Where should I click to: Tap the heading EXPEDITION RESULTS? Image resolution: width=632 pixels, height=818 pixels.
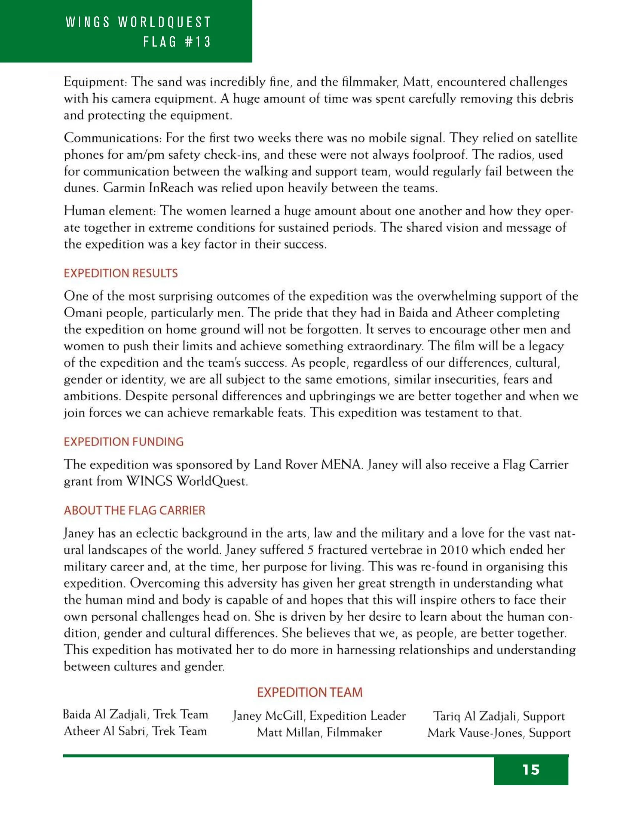[x=120, y=273]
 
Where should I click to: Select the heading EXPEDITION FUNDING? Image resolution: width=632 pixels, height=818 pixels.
[x=123, y=442]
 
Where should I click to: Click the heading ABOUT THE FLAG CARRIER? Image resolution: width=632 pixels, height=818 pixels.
[x=135, y=510]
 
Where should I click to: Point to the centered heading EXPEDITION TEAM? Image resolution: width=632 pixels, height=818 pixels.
[x=310, y=692]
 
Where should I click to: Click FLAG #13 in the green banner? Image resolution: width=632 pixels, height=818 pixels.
[x=177, y=42]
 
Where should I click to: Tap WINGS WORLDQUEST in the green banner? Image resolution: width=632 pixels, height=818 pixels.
[x=139, y=22]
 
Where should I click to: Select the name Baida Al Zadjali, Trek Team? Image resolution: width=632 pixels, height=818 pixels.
[x=135, y=714]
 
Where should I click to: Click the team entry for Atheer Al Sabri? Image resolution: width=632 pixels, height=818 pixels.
[x=135, y=731]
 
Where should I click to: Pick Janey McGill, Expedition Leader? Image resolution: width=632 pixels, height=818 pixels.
[x=319, y=716]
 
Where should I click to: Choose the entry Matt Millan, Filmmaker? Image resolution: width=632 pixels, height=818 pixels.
[x=319, y=732]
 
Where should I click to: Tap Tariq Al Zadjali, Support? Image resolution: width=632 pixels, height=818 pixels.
[x=499, y=716]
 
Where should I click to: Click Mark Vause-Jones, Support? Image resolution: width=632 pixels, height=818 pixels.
[x=499, y=732]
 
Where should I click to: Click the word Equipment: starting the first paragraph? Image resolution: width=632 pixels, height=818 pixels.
[x=96, y=82]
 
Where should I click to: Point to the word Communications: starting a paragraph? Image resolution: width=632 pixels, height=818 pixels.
[x=113, y=138]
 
